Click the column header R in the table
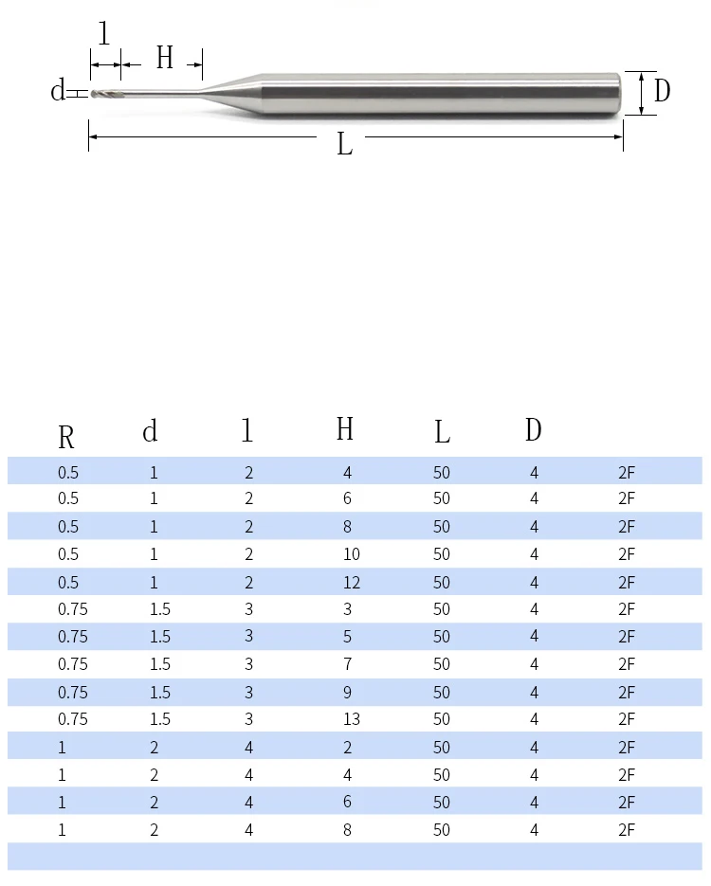pyautogui.click(x=66, y=437)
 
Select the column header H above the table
pyautogui.click(x=345, y=428)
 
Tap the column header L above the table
pyautogui.click(x=442, y=433)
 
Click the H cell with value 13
pyautogui.click(x=352, y=718)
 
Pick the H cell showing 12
pyautogui.click(x=352, y=583)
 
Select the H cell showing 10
pyautogui.click(x=352, y=554)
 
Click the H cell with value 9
pyautogui.click(x=347, y=692)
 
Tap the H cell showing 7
pyautogui.click(x=347, y=664)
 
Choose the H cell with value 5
pyautogui.click(x=347, y=636)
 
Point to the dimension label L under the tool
pyautogui.click(x=345, y=144)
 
